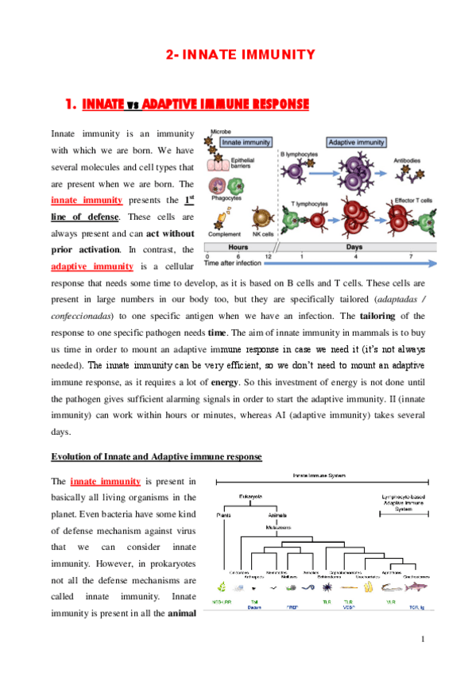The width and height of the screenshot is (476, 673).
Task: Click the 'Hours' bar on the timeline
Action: [238, 248]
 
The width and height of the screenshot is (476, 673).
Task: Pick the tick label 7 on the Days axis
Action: [410, 257]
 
